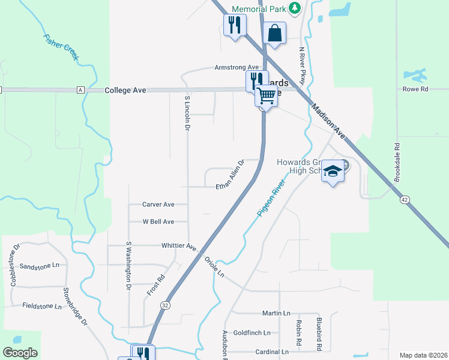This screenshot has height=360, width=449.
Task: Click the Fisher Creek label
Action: pos(61,47)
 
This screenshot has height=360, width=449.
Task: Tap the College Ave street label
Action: pos(125,91)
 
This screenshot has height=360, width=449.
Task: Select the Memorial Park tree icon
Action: pos(294,8)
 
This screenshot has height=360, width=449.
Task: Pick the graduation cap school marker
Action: pos(333,172)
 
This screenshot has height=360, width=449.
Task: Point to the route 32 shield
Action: pos(164,305)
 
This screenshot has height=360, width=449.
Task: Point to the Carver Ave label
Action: pos(158,205)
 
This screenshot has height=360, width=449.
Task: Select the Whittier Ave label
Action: pos(179,246)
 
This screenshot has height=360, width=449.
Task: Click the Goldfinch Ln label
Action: pos(252,332)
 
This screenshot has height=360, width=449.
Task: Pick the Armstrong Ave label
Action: pos(237,68)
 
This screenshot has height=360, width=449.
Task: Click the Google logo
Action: pos(20,353)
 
